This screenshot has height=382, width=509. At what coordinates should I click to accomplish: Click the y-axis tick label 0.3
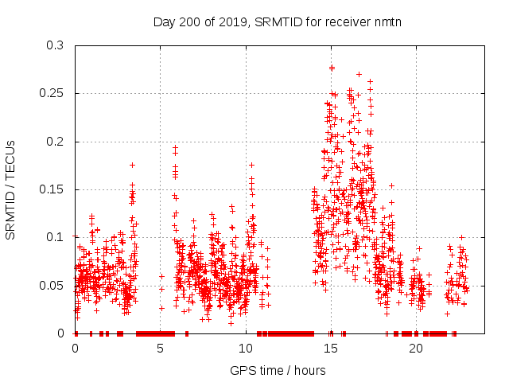point(54,46)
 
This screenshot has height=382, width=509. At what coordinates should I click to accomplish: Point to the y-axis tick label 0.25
point(52,94)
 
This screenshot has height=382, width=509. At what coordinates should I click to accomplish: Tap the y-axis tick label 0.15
point(52,189)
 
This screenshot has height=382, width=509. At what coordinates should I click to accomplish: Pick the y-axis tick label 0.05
point(52,285)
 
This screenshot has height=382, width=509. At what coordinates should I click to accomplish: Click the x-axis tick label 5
point(161,349)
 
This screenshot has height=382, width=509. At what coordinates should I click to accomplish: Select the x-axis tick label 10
point(246,349)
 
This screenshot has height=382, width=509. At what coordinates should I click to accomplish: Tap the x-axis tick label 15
point(331,349)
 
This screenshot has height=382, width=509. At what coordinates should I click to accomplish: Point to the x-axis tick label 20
point(416,349)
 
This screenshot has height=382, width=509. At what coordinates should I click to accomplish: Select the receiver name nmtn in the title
point(387,21)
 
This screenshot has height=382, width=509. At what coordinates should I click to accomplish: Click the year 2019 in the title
point(235,21)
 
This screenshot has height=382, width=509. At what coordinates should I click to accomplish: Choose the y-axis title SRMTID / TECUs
point(11,189)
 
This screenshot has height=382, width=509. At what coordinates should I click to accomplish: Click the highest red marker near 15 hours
point(332,67)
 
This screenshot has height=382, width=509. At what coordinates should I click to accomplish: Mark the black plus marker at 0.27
point(359,75)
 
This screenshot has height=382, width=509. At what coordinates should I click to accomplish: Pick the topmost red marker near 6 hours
point(176,147)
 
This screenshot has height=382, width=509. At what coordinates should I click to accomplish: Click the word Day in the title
point(165,21)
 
